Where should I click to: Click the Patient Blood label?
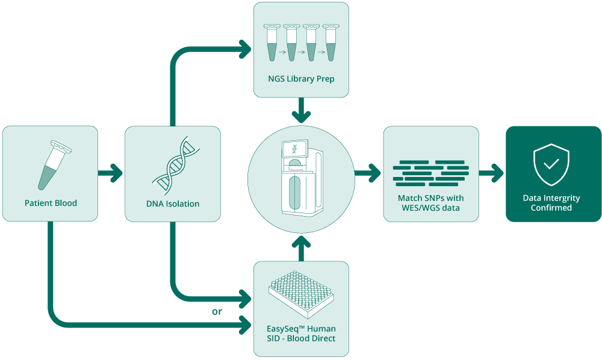tap(51, 203)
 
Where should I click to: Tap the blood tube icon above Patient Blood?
tap(55, 165)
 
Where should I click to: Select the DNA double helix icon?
tap(176, 166)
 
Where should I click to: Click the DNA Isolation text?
tap(173, 204)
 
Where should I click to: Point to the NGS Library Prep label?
tap(301, 79)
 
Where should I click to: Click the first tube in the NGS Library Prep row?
tap(272, 43)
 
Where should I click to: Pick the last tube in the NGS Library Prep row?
tap(331, 43)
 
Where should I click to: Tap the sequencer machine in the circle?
tap(302, 178)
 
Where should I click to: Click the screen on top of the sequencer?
tap(295, 149)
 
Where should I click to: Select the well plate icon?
tap(301, 294)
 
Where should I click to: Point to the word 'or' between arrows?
tap(217, 312)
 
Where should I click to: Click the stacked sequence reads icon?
tap(431, 173)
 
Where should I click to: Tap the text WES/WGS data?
tap(431, 208)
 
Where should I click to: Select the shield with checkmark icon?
tap(551, 165)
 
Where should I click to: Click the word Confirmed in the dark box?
tap(551, 208)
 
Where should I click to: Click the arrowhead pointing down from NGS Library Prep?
tap(302, 117)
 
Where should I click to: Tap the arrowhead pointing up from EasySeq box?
tap(302, 242)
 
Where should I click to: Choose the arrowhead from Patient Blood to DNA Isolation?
tap(116, 173)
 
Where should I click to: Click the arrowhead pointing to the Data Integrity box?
tap(497, 173)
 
